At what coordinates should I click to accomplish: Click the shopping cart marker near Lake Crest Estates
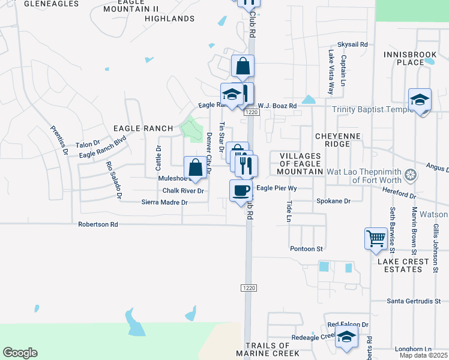[x=376, y=238]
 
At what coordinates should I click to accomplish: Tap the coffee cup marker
[x=241, y=190]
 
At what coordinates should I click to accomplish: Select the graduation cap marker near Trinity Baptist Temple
[x=420, y=100]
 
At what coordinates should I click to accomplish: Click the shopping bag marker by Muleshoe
[x=196, y=168]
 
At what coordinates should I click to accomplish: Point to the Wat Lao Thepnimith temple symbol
[x=411, y=175]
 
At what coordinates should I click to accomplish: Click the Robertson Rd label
[x=98, y=224]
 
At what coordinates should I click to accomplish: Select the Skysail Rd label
[x=352, y=44]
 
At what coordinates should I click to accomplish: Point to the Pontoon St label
[x=307, y=248]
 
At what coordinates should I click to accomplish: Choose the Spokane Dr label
[x=333, y=201]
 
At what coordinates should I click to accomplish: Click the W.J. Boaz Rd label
[x=277, y=106]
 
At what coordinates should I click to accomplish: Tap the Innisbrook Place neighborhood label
[x=411, y=58]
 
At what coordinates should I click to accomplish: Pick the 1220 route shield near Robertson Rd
[x=250, y=288]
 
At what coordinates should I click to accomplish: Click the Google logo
[x=20, y=353]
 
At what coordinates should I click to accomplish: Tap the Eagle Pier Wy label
[x=277, y=188]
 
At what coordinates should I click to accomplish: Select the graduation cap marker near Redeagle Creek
[x=346, y=337]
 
